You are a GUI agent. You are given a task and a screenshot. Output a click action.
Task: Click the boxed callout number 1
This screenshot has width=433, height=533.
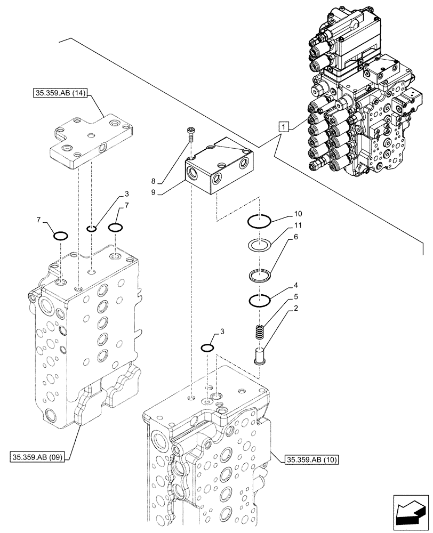coord(284,127)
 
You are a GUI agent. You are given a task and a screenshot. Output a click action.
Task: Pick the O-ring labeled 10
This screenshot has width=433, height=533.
coord(260,220)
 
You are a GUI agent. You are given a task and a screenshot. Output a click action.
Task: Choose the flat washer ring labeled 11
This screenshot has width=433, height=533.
coord(260,245)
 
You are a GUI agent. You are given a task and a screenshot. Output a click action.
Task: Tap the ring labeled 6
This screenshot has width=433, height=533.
coord(260,276)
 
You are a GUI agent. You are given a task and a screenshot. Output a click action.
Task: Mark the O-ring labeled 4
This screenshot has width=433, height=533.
coord(260,301)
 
